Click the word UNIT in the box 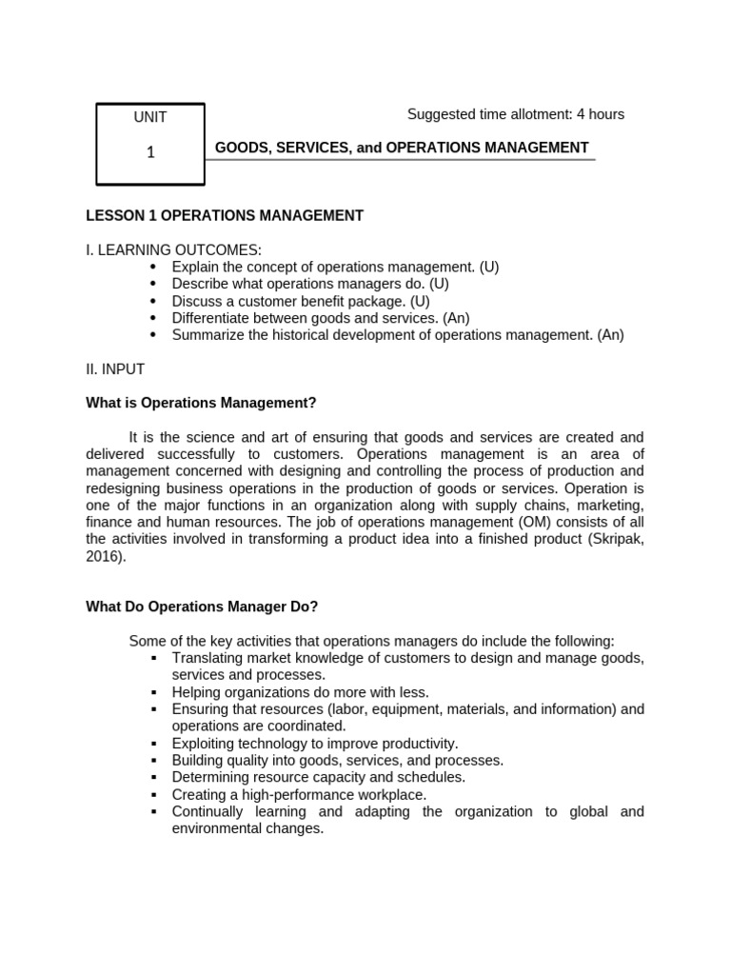click(150, 117)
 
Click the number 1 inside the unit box click(150, 152)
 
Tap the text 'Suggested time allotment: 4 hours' click(515, 114)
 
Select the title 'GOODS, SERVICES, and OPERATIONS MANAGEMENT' click(401, 148)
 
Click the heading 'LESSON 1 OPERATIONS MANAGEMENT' click(225, 216)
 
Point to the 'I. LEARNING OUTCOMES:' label click(173, 250)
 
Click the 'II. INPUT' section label click(115, 369)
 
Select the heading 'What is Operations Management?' click(201, 404)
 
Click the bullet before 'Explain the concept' click(153, 268)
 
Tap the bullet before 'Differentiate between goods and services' click(153, 319)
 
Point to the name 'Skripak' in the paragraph click(617, 540)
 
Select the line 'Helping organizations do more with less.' click(300, 692)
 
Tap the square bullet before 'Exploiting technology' click(153, 744)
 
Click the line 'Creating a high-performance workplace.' click(299, 794)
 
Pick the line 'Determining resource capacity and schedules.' click(318, 777)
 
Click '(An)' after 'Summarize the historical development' click(611, 335)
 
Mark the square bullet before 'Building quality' click(153, 761)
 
